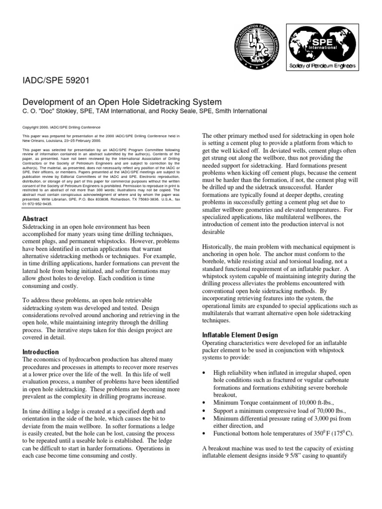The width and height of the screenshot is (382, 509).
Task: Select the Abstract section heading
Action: (36, 219)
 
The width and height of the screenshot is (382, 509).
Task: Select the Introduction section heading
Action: (41, 352)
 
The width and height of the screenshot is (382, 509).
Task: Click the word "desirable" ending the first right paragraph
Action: (213, 231)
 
